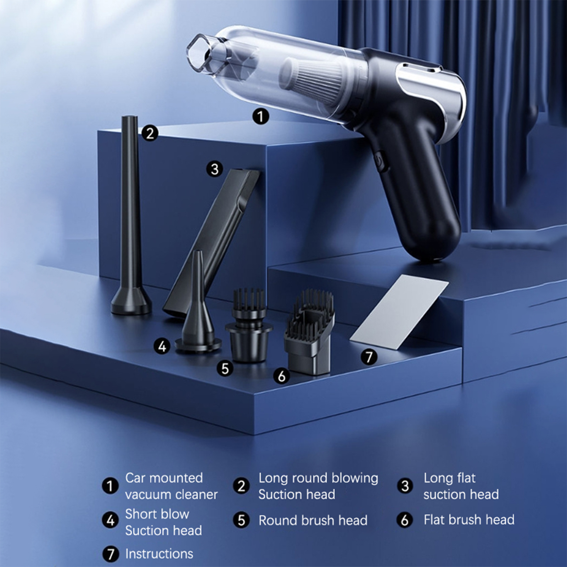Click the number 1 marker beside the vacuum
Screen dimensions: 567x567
[x=260, y=116]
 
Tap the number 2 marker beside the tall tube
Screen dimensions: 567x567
[x=150, y=133]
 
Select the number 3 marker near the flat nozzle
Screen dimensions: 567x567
[x=215, y=169]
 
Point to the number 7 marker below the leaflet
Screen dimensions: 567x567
[x=369, y=357]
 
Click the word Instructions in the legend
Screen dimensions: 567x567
[x=159, y=554]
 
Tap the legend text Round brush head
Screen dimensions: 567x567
[x=313, y=520]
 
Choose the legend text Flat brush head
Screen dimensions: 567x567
[x=469, y=520]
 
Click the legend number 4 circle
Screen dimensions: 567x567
[x=110, y=521]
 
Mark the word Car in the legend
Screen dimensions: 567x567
[x=137, y=478]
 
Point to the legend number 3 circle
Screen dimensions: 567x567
[x=405, y=486]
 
